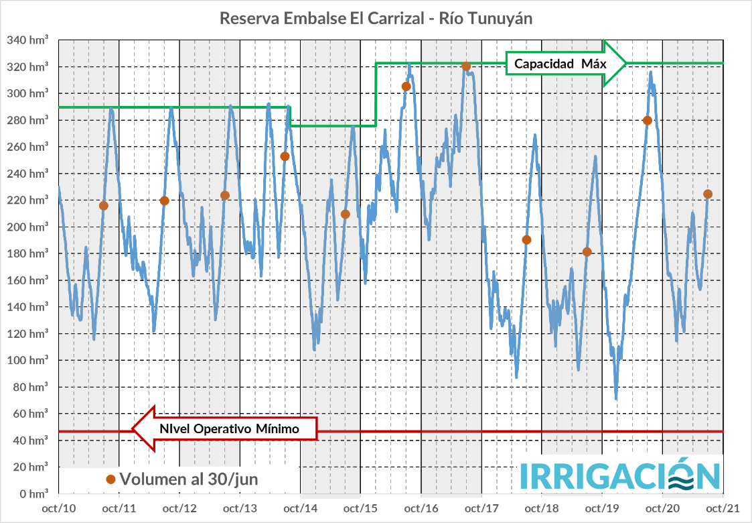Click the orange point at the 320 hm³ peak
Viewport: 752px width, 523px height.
(x=466, y=66)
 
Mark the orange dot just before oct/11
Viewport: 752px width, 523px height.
(x=103, y=205)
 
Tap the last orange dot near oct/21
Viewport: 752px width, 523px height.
(x=708, y=194)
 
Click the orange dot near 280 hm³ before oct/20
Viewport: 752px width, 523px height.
(x=647, y=121)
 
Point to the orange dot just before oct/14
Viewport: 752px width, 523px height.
(x=285, y=156)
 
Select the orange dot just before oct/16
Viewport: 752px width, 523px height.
(x=406, y=86)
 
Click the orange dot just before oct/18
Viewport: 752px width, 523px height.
(x=526, y=239)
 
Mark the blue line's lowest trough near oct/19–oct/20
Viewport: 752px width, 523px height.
(x=616, y=399)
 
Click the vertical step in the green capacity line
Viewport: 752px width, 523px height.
(x=376, y=94)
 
